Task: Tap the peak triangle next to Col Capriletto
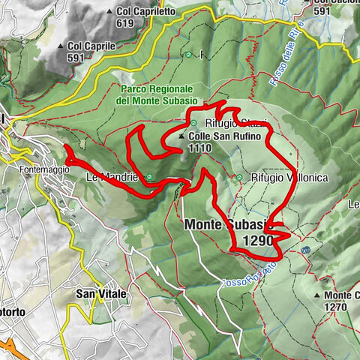110,12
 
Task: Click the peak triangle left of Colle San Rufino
181,137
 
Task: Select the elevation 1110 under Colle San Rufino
200,148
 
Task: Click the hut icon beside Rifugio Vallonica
239,178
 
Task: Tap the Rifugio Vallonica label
276,178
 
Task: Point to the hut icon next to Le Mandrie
150,178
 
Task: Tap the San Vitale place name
100,295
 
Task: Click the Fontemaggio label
45,169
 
